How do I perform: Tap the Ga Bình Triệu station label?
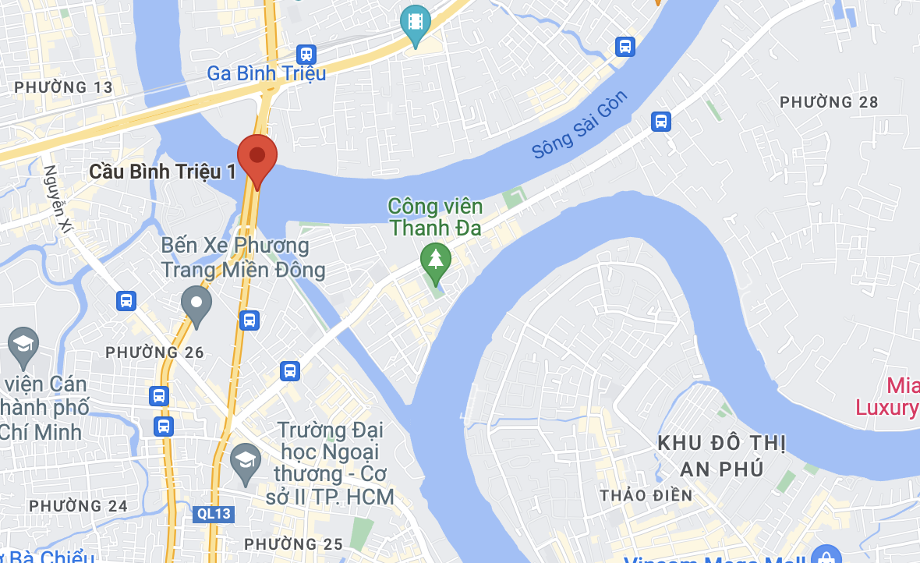tap(266, 73)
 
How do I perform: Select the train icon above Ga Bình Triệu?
tap(306, 54)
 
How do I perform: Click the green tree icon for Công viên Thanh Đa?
tap(435, 258)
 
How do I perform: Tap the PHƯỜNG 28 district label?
tap(829, 102)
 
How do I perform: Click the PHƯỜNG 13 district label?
tap(64, 87)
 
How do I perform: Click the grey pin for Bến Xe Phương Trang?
tap(196, 303)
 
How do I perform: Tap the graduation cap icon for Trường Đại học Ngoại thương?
tap(246, 459)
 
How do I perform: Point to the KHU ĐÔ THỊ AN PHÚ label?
tap(721, 455)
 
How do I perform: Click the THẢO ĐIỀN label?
tap(646, 495)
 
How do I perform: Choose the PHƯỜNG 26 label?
tap(154, 352)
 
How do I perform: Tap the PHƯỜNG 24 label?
tap(78, 506)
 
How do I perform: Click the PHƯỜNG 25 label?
tap(293, 544)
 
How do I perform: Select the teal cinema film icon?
tap(416, 22)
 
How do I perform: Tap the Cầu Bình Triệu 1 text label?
tap(162, 172)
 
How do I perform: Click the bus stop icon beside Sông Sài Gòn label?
tap(661, 122)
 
